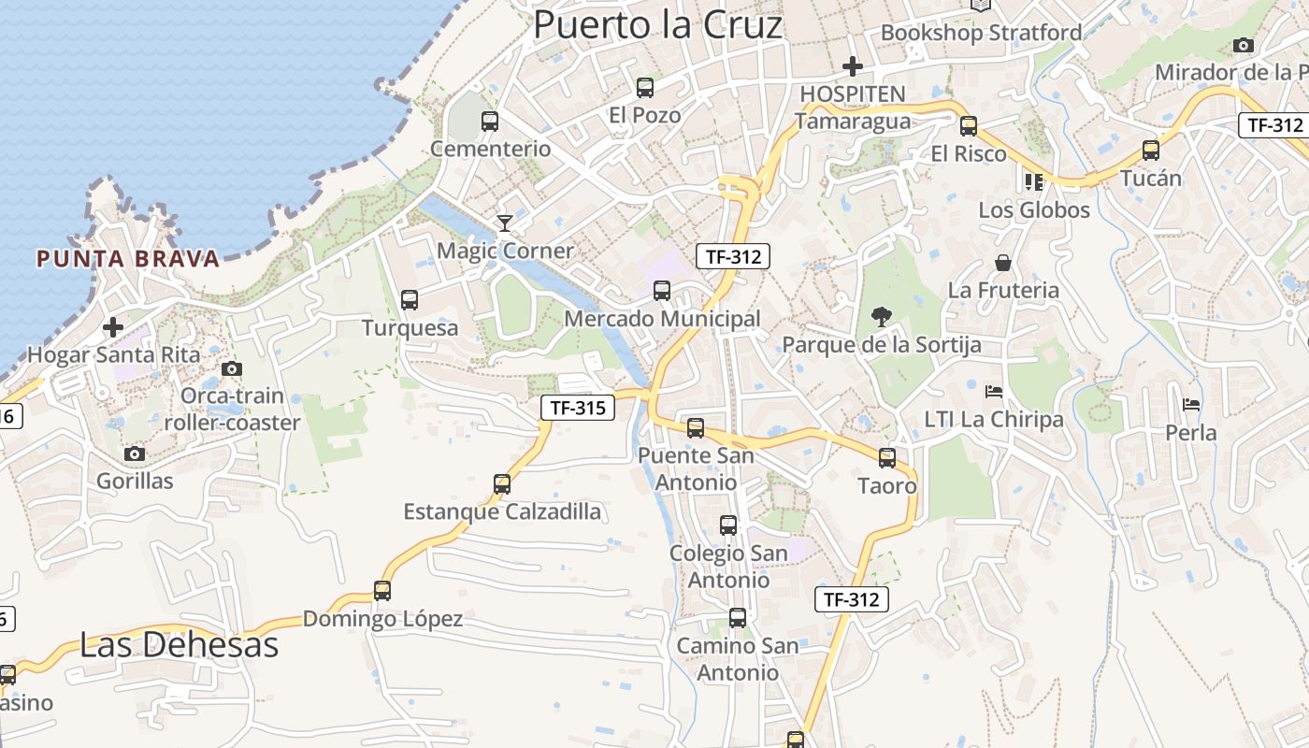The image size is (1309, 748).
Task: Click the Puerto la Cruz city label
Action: point(657,25)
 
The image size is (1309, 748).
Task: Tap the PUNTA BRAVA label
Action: point(128,259)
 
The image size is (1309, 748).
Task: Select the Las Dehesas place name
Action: point(179,645)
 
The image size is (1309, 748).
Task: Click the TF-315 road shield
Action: point(578,408)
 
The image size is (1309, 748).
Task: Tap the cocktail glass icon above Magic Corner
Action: point(505,223)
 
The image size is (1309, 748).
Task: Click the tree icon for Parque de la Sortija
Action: point(881,317)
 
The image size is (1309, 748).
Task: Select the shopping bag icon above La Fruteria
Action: point(1003,263)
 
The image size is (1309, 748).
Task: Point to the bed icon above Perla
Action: point(1191,405)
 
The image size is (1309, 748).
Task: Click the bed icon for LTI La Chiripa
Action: point(994,391)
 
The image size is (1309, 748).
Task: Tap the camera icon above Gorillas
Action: point(135,453)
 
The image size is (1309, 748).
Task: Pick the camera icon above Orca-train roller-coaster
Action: point(232,368)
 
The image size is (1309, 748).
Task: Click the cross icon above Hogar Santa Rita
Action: point(113,327)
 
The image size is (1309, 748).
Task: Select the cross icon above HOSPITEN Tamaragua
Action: point(852,65)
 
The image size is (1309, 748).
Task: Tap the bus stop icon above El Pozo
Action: point(644,88)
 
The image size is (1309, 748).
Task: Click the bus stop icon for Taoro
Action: point(887,458)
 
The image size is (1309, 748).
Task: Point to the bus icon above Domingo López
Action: point(381,591)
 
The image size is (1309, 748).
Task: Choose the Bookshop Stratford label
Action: point(981,33)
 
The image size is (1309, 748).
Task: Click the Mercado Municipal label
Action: point(662,319)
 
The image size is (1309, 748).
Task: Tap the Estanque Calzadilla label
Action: point(502,512)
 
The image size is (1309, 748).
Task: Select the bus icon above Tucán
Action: point(1151,150)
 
